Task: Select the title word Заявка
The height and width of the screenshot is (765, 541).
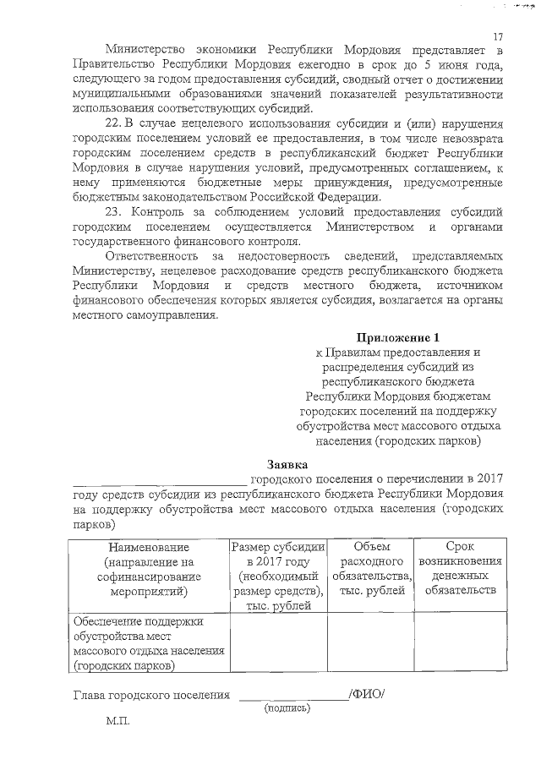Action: click(x=288, y=464)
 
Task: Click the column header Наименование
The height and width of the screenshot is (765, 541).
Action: click(x=147, y=547)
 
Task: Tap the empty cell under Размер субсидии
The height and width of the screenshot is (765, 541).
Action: click(x=278, y=644)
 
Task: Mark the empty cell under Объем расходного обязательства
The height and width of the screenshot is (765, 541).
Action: click(x=371, y=644)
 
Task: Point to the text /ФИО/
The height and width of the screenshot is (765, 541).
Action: click(x=367, y=695)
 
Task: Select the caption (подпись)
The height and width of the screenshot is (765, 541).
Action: click(x=287, y=708)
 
